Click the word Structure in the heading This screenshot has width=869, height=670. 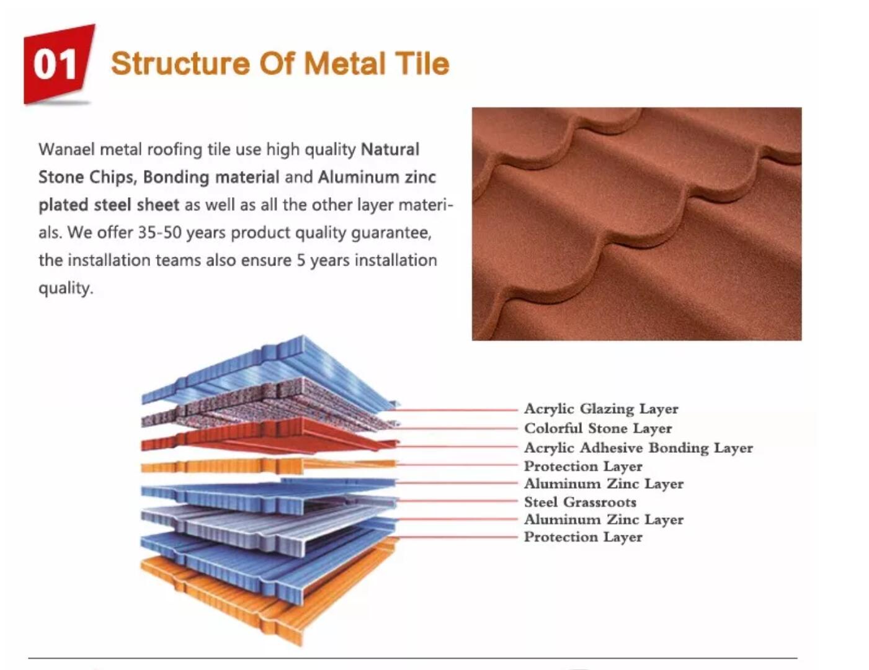(180, 64)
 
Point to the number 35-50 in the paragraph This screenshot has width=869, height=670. (159, 233)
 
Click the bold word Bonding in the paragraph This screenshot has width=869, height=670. (176, 177)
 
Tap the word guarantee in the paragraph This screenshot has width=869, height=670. (391, 233)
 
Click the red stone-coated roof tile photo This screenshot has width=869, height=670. (636, 223)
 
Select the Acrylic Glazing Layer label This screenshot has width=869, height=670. (601, 409)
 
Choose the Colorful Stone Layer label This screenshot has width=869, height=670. (598, 429)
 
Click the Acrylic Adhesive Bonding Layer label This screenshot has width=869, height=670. (638, 448)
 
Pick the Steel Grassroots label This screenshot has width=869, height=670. (580, 502)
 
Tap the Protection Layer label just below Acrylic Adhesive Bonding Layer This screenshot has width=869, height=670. (583, 467)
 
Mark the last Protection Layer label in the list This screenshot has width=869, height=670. (583, 537)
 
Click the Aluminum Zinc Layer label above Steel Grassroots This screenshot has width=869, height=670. (604, 484)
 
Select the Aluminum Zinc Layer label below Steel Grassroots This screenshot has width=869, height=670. (604, 519)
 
